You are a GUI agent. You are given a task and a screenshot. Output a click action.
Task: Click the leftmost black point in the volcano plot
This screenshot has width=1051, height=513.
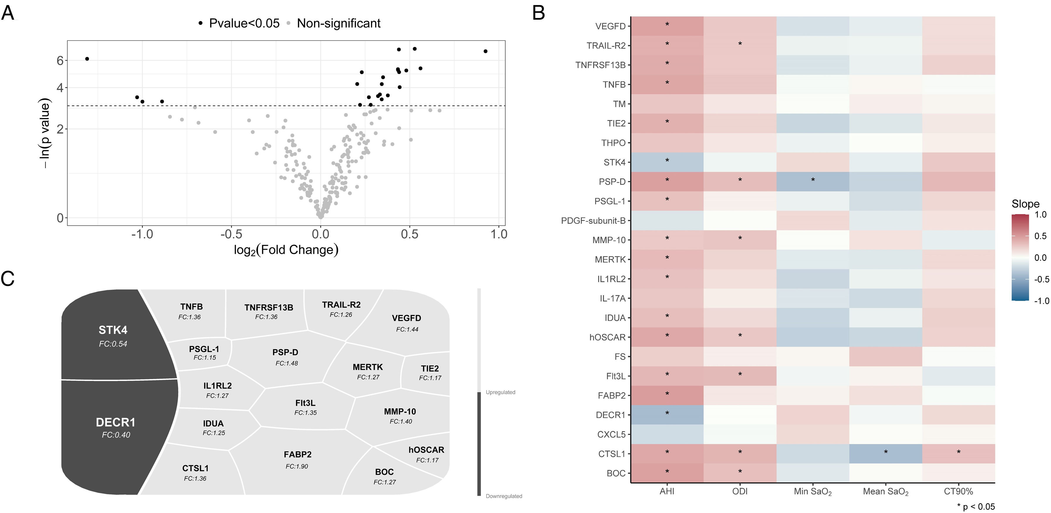coord(87,59)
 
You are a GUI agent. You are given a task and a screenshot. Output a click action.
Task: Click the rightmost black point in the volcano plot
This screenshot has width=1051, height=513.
coord(485,51)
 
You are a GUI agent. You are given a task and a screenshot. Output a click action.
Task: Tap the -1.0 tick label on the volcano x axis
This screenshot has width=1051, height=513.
coord(142,234)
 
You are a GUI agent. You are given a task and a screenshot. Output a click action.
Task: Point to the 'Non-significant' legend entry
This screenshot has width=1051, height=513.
coord(338,23)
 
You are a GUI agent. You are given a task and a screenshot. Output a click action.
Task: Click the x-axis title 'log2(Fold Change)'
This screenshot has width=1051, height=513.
coord(286,250)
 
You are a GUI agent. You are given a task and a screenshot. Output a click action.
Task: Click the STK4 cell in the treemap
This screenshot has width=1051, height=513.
coord(113,335)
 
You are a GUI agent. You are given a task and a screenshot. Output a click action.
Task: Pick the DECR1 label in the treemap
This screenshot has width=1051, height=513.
coord(116,422)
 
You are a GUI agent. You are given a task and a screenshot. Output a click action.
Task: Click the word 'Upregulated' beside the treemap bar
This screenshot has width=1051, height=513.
coord(500,392)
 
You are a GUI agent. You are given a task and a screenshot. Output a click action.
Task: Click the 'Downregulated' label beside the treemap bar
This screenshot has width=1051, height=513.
coord(504,496)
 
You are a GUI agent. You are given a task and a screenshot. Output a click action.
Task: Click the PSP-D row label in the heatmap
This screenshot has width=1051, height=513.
coord(612,182)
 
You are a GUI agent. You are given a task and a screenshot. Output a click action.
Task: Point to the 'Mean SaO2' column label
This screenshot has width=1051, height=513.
coord(885,492)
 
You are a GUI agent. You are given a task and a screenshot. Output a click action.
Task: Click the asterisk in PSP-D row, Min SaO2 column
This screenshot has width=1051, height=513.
coord(813,180)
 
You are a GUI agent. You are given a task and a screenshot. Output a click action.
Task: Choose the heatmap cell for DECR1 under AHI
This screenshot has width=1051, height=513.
coord(667,415)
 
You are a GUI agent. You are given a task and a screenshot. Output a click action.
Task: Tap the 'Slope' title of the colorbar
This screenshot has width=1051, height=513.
coord(1025,204)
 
